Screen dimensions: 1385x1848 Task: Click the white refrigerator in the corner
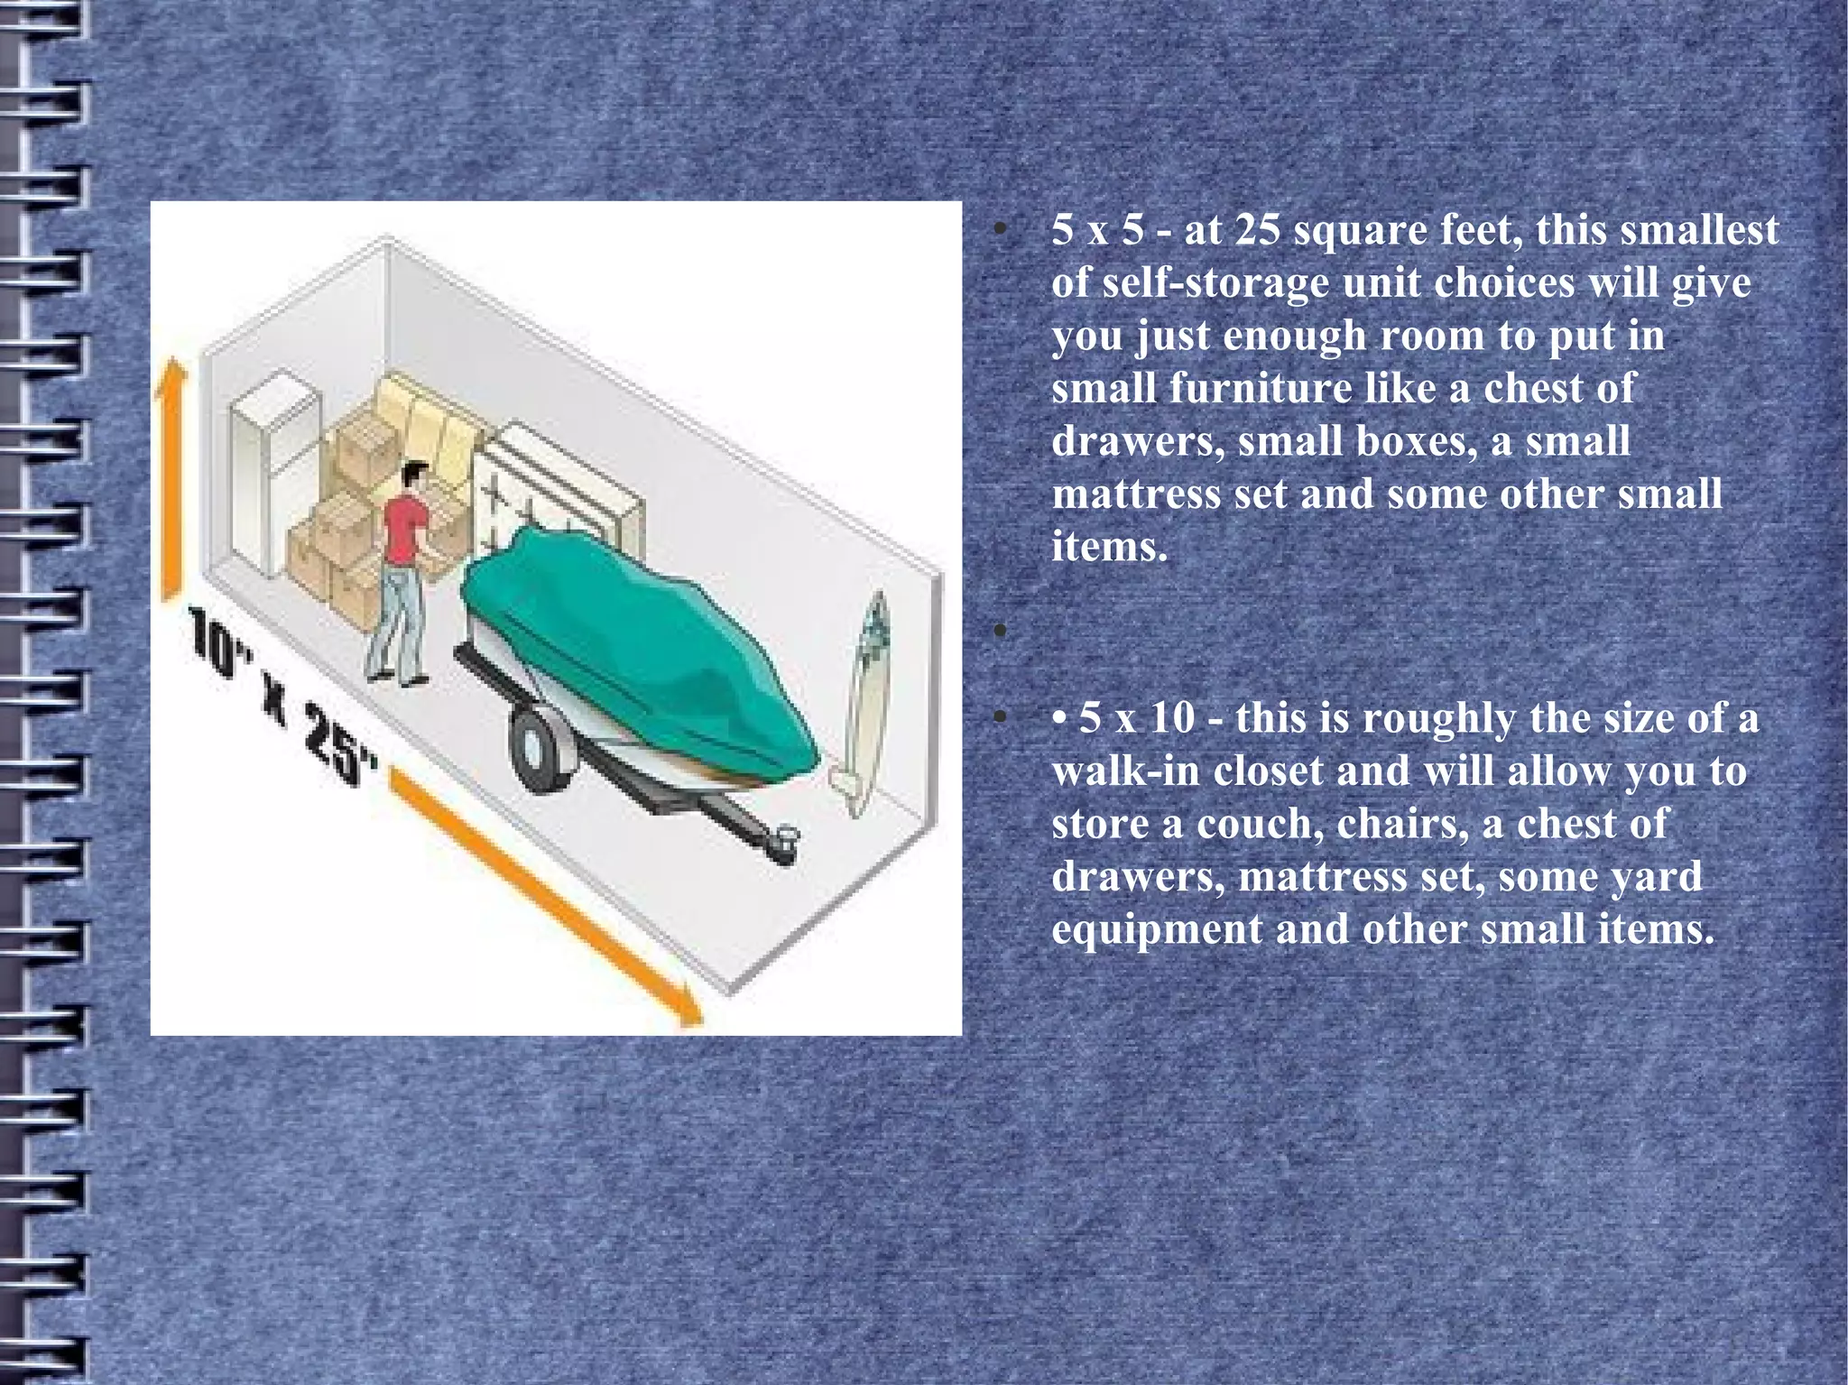pos(271,469)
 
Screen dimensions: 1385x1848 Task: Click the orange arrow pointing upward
pos(171,478)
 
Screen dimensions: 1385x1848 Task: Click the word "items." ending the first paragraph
pos(1109,547)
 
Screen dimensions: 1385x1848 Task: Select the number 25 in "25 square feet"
pos(1257,230)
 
